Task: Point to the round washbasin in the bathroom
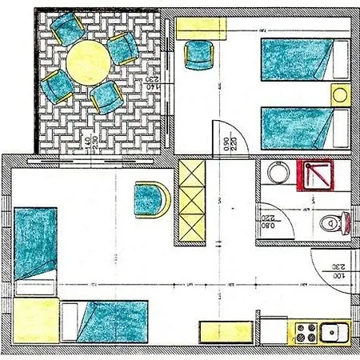[x=277, y=174]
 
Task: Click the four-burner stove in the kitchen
[x=306, y=330]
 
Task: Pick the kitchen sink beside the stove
[x=331, y=330]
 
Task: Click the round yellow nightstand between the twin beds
[x=340, y=95]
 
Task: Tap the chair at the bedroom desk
[x=198, y=55]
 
